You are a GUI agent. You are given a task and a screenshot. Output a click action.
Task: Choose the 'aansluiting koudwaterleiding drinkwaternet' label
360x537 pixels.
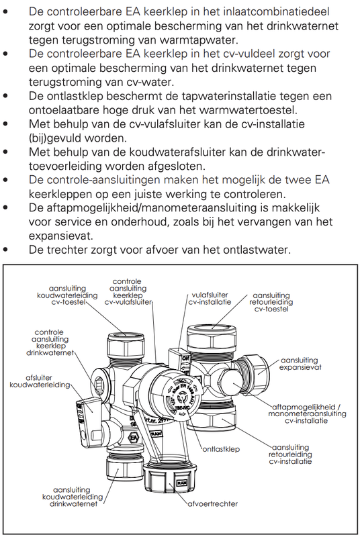(x=69, y=497)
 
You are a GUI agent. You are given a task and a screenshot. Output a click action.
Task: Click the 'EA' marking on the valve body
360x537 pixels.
(x=134, y=419)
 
